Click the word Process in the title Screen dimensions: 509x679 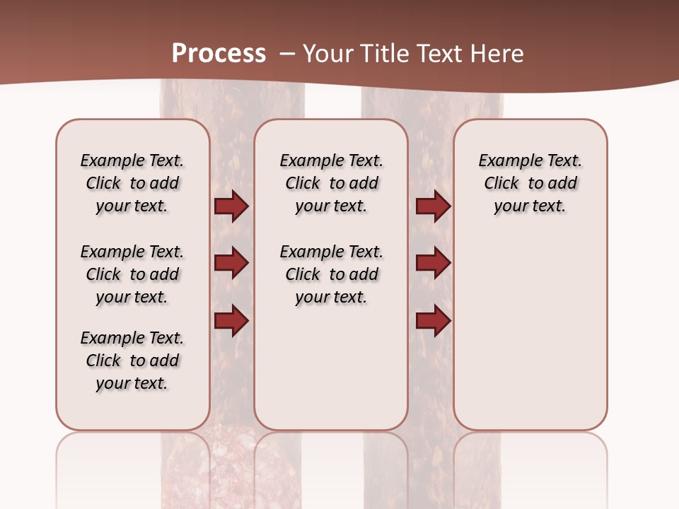[x=219, y=54]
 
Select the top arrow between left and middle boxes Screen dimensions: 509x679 [x=231, y=206]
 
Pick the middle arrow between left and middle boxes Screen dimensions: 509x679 [x=231, y=263]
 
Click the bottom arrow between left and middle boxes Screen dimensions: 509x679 [x=231, y=320]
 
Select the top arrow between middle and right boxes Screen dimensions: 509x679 [x=433, y=206]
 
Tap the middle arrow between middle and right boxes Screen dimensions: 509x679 [x=433, y=263]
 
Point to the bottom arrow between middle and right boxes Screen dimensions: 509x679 [x=433, y=320]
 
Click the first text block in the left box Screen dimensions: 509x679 [x=132, y=183]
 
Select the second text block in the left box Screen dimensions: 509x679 [x=132, y=274]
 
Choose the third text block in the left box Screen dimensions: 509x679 [x=132, y=361]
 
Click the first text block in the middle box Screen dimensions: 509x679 [x=331, y=183]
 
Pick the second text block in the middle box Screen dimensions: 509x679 [x=331, y=274]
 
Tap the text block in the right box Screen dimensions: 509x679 [x=530, y=183]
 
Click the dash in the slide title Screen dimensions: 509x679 [x=287, y=54]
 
